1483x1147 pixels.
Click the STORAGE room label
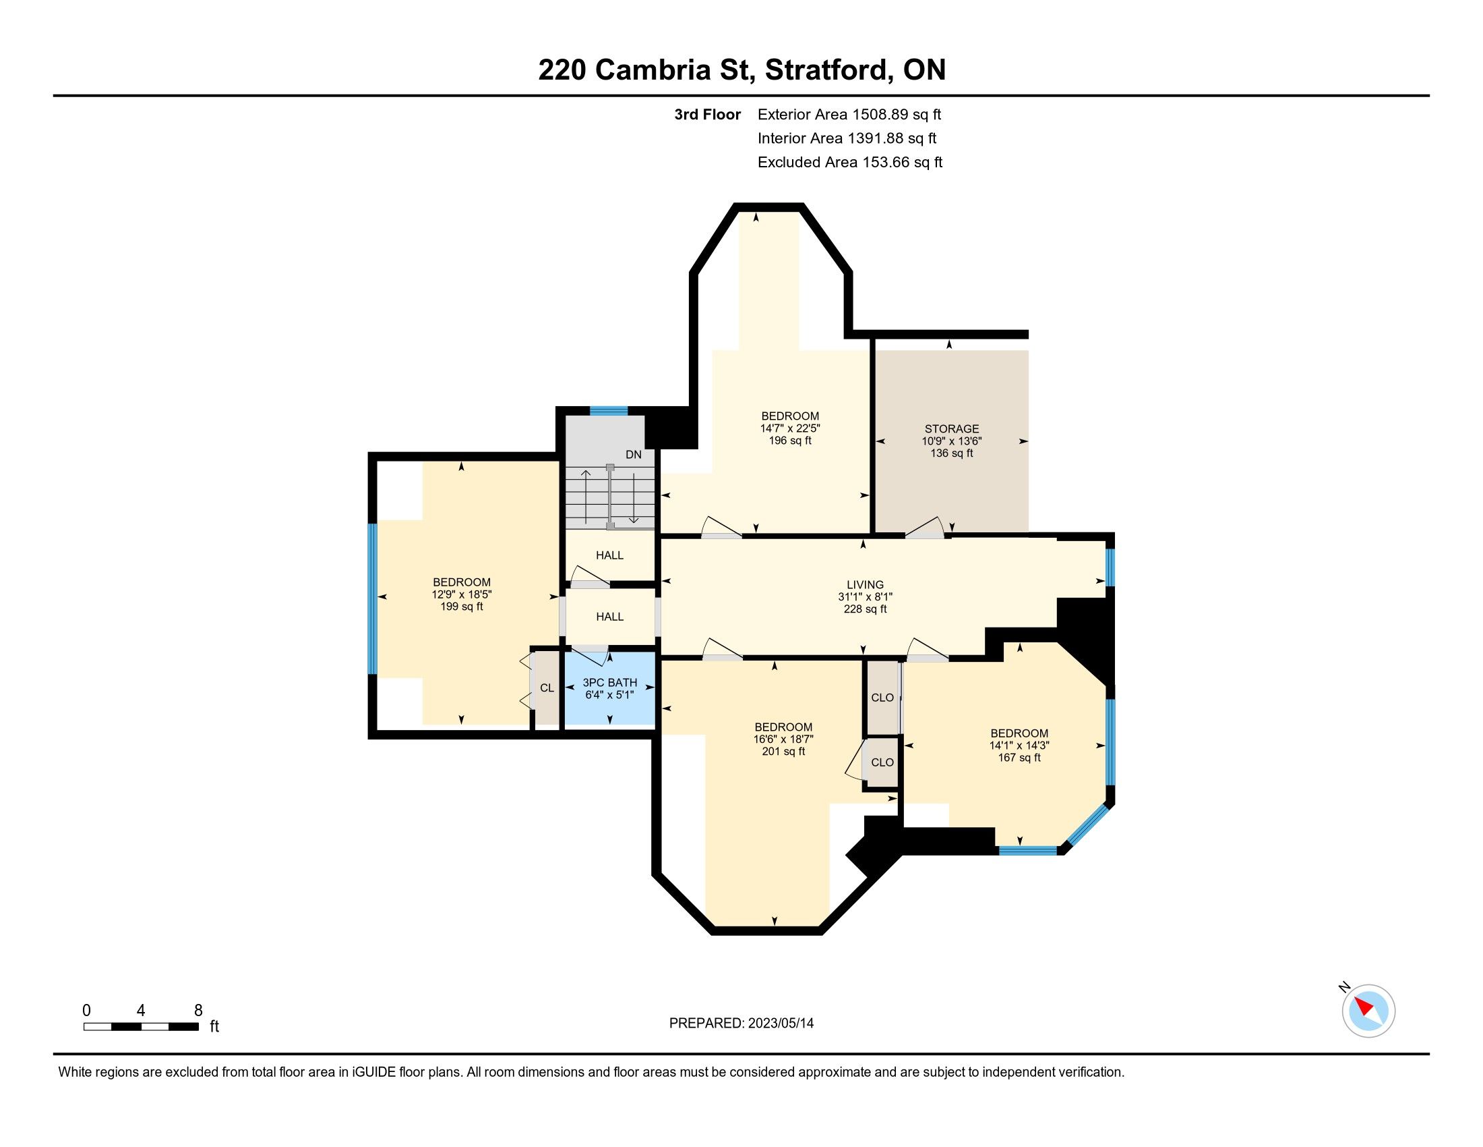(x=951, y=428)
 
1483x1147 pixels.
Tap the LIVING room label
(x=865, y=584)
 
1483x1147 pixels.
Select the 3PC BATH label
(x=610, y=682)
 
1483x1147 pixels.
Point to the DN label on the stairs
(x=634, y=455)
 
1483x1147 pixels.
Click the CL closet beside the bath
(x=547, y=688)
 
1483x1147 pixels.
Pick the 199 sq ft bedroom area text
(x=462, y=607)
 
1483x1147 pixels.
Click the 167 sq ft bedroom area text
(x=1019, y=758)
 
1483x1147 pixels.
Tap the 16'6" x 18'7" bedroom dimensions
(x=783, y=739)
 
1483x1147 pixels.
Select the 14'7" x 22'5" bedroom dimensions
(x=791, y=428)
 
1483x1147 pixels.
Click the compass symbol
(x=1368, y=1012)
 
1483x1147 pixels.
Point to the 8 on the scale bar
(x=198, y=1011)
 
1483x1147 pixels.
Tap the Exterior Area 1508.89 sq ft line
(x=849, y=114)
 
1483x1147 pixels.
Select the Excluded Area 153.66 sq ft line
(x=850, y=163)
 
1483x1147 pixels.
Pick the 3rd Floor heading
(x=708, y=114)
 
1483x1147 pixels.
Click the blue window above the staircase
(x=609, y=410)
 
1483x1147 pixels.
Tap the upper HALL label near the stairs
(x=610, y=555)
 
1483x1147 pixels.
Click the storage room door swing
(x=925, y=528)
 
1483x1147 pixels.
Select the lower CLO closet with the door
(x=882, y=762)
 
